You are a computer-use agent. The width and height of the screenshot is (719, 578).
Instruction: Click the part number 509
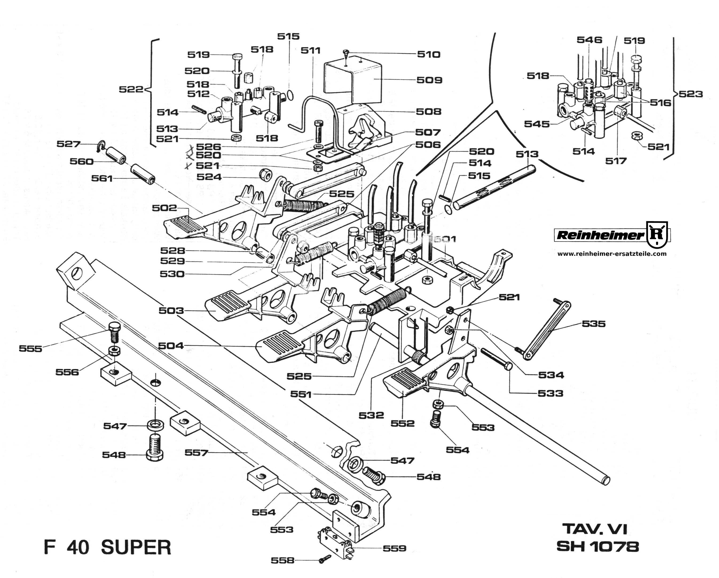(429, 80)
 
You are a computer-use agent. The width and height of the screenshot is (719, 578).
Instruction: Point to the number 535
(594, 324)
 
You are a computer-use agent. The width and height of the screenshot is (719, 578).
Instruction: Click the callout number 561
(102, 178)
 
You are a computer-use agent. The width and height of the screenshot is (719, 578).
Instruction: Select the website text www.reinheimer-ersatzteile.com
(612, 254)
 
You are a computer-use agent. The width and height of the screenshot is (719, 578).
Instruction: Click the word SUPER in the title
(136, 547)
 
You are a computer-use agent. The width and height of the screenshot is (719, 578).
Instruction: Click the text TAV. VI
(595, 529)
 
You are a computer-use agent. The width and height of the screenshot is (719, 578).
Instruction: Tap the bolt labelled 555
(114, 332)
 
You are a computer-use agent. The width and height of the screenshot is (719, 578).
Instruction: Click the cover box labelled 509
(355, 82)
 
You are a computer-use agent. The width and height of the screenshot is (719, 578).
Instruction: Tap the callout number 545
(537, 124)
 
